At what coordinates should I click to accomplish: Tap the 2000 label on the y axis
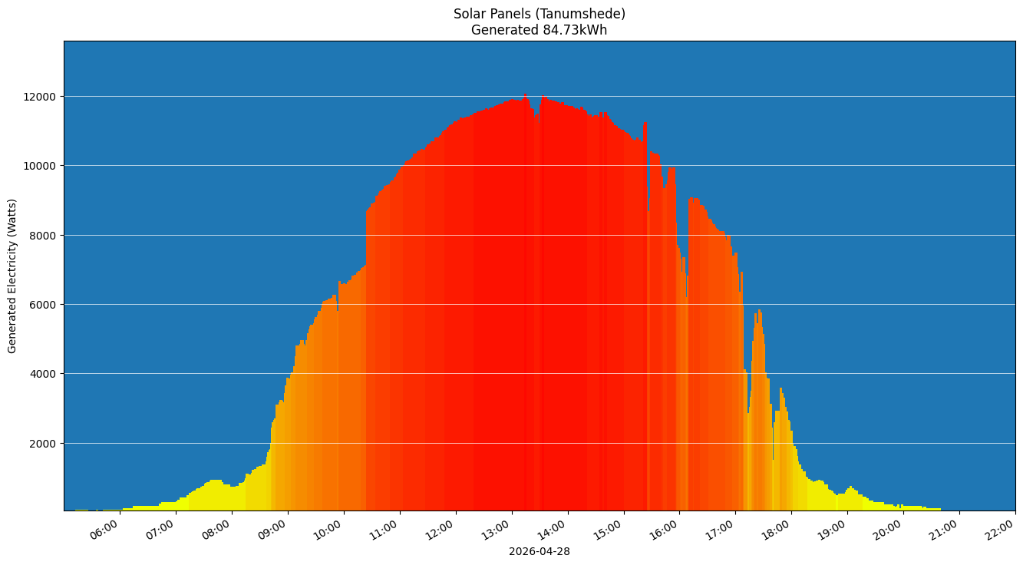click(x=45, y=444)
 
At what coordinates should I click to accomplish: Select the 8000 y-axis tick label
click(x=45, y=236)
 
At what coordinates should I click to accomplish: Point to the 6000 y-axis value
click(x=45, y=305)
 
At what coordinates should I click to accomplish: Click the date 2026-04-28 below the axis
click(x=539, y=551)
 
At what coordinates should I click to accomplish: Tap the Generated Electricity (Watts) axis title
click(x=12, y=276)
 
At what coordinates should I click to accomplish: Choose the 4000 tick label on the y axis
click(x=45, y=374)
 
